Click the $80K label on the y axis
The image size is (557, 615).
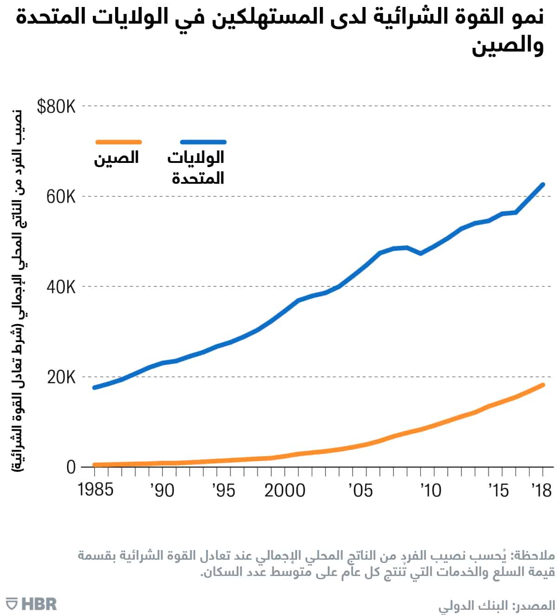pos(56,107)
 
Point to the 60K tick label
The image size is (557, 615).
pos(61,197)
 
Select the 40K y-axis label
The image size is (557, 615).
pos(61,287)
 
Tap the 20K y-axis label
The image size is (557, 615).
pos(61,377)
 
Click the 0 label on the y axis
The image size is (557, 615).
pos(71,467)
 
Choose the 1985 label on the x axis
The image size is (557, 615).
pos(96,490)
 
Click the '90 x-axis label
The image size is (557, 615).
pos(162,490)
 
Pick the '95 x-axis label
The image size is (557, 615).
pos(223,490)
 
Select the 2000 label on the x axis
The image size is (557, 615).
pos(285,490)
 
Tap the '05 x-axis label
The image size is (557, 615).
pos(360,490)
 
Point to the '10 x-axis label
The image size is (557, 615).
pos(431,490)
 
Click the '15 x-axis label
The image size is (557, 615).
pos(499,490)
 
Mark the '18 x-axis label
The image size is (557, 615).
pos(541,490)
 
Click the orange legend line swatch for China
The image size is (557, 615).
pos(118,142)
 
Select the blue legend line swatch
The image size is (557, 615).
pos(203,142)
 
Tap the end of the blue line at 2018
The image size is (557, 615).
pos(543,185)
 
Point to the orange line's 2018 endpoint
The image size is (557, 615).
pos(543,385)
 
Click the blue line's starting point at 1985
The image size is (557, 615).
pos(95,387)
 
